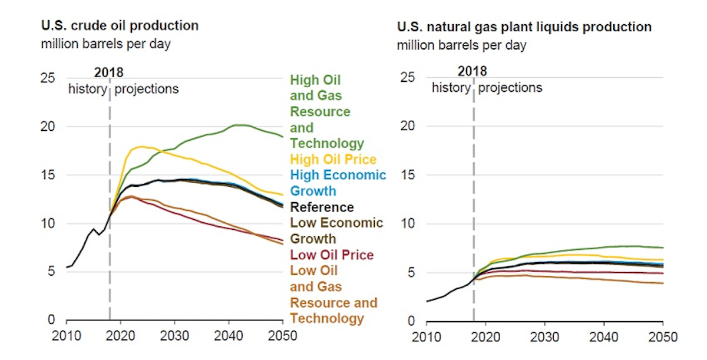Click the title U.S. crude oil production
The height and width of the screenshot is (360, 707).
point(119,26)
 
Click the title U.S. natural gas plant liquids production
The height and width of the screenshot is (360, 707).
point(524,27)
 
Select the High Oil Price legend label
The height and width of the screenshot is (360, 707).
point(333,159)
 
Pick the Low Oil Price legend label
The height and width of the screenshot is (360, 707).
point(332,255)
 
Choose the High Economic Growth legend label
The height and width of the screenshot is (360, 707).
point(338,183)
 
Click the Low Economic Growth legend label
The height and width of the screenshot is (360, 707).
point(336,230)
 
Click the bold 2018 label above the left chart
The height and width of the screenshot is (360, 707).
point(109,72)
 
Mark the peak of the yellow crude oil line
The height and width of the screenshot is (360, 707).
point(142,146)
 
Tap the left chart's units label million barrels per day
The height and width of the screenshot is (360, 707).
point(105,44)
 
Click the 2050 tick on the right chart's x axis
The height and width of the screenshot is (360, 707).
point(663,336)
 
